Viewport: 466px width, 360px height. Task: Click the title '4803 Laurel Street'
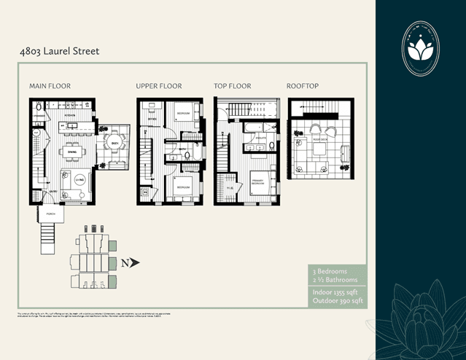point(60,52)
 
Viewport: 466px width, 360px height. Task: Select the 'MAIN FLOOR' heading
point(50,86)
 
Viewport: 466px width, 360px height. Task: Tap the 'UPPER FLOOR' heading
point(159,86)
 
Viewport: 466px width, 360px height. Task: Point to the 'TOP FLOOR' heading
point(232,86)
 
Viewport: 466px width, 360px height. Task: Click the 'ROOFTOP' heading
point(303,86)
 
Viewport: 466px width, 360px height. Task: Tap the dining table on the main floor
point(71,152)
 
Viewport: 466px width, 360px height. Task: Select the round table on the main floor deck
point(114,142)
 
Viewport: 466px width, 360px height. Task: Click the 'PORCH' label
point(50,214)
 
